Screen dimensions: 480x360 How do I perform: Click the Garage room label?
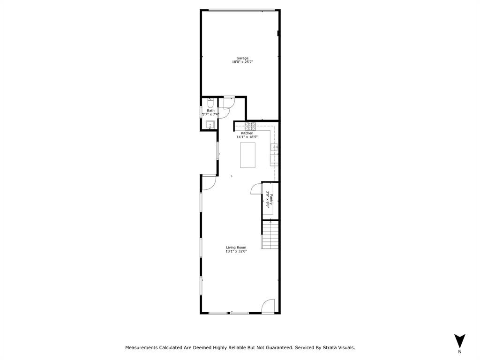point(242,58)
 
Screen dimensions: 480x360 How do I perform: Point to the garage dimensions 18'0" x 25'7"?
point(242,62)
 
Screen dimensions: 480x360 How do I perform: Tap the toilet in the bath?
point(210,101)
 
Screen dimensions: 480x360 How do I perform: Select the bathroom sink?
point(210,125)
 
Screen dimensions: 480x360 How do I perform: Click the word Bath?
point(210,111)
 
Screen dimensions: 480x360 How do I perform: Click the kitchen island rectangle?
point(247,155)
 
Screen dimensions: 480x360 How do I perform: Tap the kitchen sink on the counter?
point(274,148)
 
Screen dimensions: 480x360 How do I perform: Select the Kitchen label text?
point(247,133)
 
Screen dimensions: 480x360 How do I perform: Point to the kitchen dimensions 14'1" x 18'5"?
point(247,137)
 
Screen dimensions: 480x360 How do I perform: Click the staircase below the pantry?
point(270,234)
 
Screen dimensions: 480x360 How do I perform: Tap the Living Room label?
point(236,247)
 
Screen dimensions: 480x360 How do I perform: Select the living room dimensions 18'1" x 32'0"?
point(236,251)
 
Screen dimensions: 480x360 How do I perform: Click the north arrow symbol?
point(459,341)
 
